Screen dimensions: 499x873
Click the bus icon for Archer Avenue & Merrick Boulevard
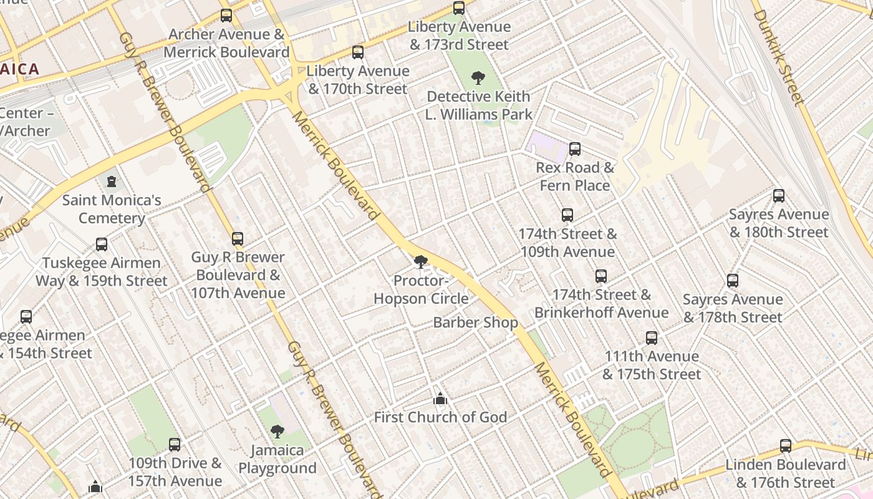pos(226,16)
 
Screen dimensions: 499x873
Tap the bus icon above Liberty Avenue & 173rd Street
pos(459,8)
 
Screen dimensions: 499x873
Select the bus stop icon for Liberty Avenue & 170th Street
pos(357,52)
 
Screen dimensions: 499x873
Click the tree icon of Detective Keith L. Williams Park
pos(478,78)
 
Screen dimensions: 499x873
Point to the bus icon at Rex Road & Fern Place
pos(575,149)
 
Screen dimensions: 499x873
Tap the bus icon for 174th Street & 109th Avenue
pos(567,215)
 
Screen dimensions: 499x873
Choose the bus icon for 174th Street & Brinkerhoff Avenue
pos(601,276)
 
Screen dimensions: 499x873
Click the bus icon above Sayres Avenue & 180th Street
pos(779,196)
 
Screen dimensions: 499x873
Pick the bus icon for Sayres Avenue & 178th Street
pos(733,281)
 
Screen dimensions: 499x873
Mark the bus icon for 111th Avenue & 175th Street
pos(652,338)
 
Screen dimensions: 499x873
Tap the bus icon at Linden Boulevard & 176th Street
pos(786,447)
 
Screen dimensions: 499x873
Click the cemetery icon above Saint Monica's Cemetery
pos(112,182)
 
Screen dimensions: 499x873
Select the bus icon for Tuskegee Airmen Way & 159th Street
pos(102,245)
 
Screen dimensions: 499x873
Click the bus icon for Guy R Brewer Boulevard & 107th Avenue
pos(238,239)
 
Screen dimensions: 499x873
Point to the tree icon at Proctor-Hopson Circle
pos(421,262)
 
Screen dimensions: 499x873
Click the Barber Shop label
pos(475,322)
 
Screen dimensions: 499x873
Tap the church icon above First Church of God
pos(440,399)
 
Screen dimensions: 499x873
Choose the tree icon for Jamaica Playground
pos(277,431)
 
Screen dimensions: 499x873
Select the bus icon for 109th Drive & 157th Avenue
pos(175,445)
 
